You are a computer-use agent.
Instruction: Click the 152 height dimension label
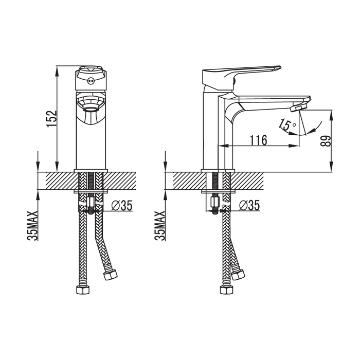coord(51,119)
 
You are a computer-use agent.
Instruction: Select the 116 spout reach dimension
coord(258,140)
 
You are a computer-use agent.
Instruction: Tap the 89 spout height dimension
coord(326,141)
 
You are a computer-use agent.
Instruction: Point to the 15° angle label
coord(287,125)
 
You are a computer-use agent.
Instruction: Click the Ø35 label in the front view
coord(122,205)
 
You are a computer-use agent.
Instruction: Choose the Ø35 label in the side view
coord(249,205)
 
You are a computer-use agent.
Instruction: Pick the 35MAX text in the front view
coord(32,226)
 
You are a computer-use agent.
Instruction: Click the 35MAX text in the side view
coord(160,226)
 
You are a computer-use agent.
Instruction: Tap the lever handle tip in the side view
coord(279,67)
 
